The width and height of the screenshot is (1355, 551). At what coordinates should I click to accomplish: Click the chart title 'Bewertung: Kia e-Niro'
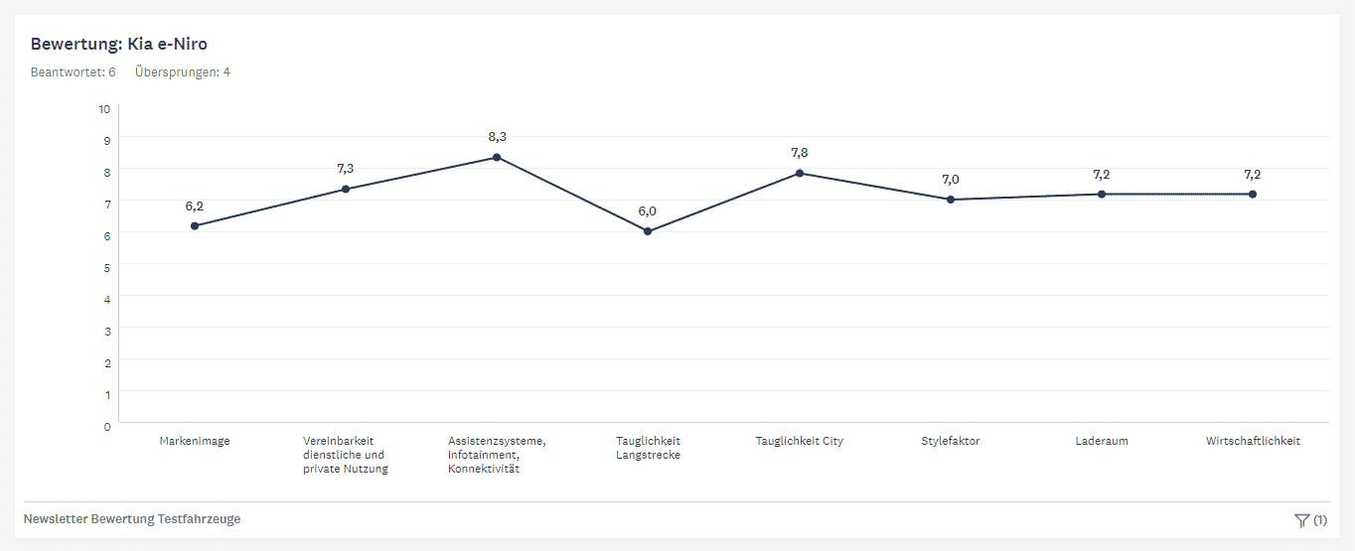119,44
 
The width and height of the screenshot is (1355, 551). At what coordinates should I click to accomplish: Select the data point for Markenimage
195,226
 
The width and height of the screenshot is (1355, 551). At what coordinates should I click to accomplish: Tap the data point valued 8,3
497,158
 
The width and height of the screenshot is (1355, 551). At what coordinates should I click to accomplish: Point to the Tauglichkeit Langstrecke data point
648,231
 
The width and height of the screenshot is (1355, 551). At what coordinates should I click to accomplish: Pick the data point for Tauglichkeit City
800,174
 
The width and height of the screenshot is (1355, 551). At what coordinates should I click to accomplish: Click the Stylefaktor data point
951,200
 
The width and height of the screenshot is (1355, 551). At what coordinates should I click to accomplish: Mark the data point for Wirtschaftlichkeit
1253,195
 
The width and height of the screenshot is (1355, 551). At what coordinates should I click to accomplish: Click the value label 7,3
346,168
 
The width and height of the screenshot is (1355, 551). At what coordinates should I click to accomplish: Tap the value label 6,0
648,211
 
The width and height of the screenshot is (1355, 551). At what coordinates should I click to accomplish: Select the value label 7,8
799,153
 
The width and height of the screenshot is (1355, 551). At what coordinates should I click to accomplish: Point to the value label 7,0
951,180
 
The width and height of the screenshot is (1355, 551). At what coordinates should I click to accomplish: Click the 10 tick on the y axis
104,109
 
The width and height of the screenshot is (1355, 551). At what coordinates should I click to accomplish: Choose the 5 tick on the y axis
107,268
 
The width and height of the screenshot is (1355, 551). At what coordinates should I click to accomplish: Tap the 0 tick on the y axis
107,427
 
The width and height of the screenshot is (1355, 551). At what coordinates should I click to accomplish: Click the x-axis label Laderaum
1102,441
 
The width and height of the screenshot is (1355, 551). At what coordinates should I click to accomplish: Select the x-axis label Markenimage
195,441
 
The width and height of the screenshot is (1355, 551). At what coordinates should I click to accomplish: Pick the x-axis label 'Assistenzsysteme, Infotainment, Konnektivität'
497,455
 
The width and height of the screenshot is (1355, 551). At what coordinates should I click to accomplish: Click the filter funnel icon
1301,521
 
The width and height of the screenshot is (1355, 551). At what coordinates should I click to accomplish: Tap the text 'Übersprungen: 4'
183,71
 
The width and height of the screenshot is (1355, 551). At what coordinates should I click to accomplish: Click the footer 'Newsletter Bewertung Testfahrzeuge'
132,519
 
